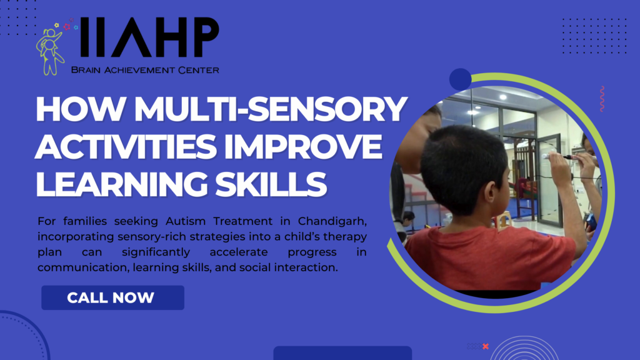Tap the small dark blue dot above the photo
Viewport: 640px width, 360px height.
(460, 79)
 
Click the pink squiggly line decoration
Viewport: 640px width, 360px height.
(602, 99)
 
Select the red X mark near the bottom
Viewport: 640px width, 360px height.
(486, 346)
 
